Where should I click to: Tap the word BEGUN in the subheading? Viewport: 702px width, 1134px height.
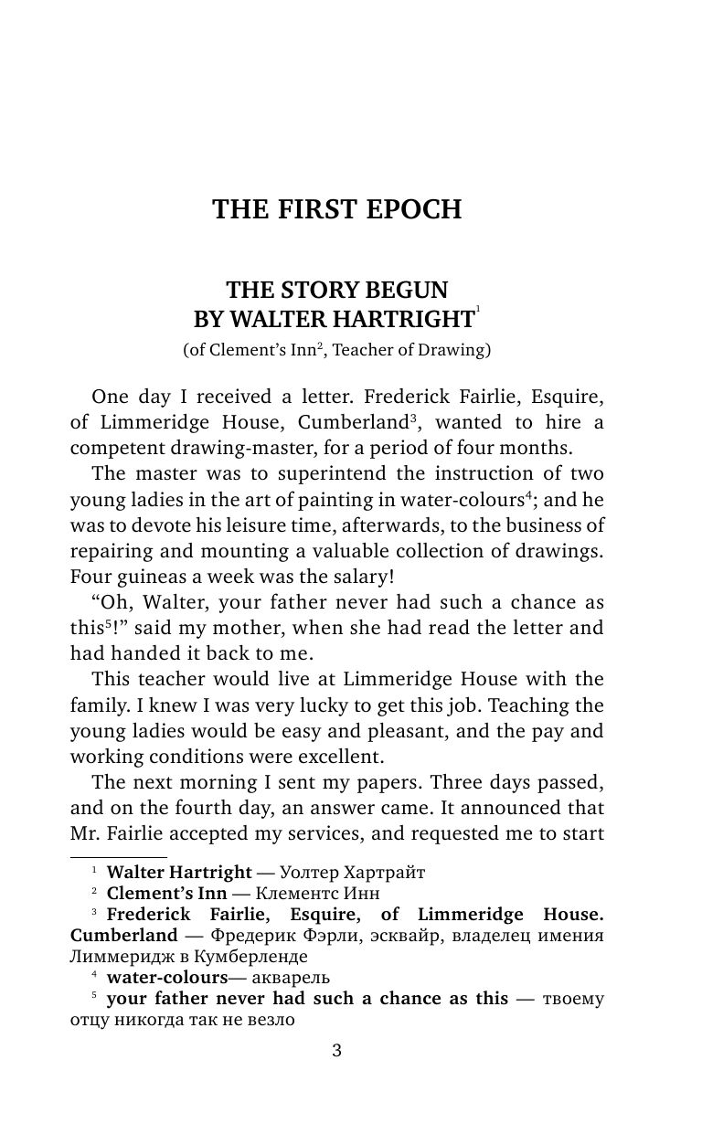click(x=409, y=291)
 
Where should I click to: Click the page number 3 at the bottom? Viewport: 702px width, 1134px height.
click(x=336, y=1051)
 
